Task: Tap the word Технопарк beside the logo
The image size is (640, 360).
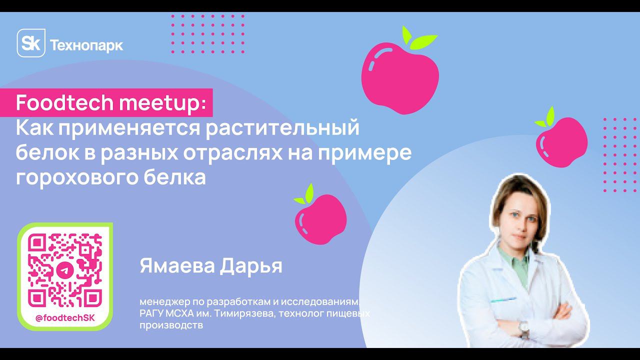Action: coord(86,45)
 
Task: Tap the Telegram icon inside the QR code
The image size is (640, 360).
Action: coord(65,270)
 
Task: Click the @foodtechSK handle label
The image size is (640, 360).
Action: coord(65,318)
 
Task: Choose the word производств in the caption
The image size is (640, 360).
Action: coord(171,325)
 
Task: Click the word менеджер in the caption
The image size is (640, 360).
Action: coord(161,302)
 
